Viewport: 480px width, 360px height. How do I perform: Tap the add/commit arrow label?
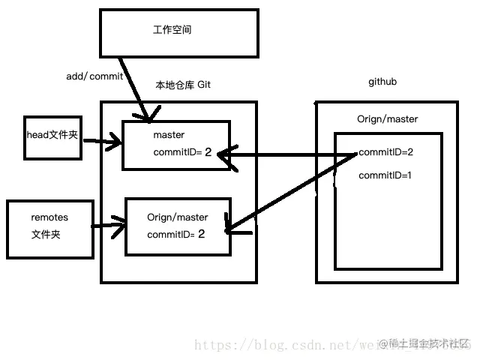pyautogui.click(x=94, y=76)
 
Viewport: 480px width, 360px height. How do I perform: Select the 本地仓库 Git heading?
pyautogui.click(x=182, y=85)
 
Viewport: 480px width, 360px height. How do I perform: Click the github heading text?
pyautogui.click(x=382, y=81)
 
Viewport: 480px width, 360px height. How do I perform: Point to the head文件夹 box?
pyautogui.click(x=52, y=136)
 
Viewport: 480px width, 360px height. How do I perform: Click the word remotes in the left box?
pyautogui.click(x=49, y=217)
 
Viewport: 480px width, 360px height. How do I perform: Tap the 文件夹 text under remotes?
pyautogui.click(x=46, y=234)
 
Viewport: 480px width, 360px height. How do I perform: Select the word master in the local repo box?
pyautogui.click(x=169, y=135)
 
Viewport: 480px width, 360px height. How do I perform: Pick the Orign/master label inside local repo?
pyautogui.click(x=178, y=217)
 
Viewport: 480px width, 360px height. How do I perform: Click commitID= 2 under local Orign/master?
pyautogui.click(x=176, y=234)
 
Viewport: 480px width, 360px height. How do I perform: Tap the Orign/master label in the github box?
pyautogui.click(x=388, y=118)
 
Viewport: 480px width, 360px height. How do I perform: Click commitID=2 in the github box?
pyautogui.click(x=386, y=152)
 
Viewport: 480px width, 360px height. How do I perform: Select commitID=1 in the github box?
pyautogui.click(x=386, y=175)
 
